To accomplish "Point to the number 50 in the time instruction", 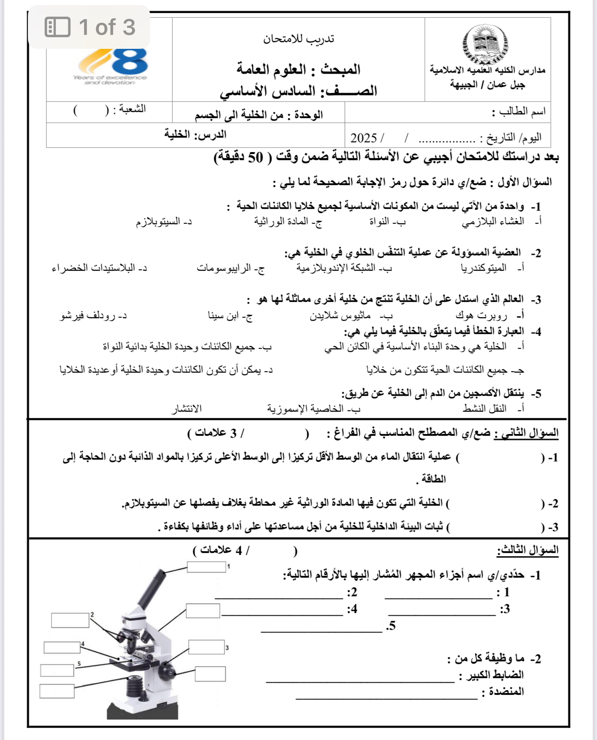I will pyautogui.click(x=255, y=158).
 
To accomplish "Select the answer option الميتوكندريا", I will pyautogui.click(x=484, y=268).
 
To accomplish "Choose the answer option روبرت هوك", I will pyautogui.click(x=481, y=316).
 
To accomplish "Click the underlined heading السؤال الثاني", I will pyautogui.click(x=526, y=433).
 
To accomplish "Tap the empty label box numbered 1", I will pyautogui.click(x=206, y=567).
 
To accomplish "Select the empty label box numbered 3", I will pyautogui.click(x=206, y=647).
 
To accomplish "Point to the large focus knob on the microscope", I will pyautogui.click(x=166, y=672).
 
